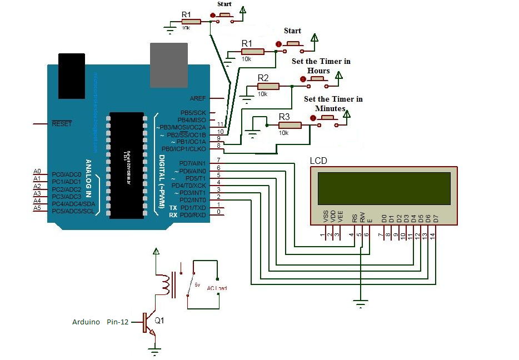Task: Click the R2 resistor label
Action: coord(263,77)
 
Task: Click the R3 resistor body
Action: coord(290,126)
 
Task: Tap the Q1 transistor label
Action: coord(159,321)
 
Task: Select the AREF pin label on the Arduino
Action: coord(197,98)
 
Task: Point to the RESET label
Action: coord(62,124)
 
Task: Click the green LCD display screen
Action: coord(384,188)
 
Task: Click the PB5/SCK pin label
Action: coord(192,113)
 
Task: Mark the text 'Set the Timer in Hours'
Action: coord(321,66)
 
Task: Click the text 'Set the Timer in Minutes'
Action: coord(333,103)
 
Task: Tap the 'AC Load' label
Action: coord(217,288)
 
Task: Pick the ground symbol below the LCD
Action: coord(361,303)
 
